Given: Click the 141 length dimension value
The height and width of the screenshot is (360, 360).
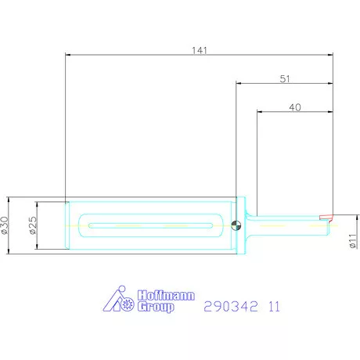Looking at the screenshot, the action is tap(200, 50).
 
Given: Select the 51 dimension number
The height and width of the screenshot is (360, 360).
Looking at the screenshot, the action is tap(285, 79).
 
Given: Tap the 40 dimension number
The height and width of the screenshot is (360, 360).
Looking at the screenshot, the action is tap(295, 107).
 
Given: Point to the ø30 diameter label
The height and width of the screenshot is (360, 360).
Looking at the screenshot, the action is tap(5, 225).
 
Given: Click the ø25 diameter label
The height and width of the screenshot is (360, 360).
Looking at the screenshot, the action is tap(33, 225).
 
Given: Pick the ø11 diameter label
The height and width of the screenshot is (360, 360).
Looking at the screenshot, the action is tap(352, 241).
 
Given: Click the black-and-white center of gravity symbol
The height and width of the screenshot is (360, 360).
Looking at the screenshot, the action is tap(236, 225).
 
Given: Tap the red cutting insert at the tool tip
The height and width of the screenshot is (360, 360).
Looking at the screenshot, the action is tap(326, 218).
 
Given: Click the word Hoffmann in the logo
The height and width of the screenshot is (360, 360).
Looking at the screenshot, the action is tap(166, 295).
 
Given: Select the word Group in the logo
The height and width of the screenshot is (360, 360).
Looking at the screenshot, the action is tap(156, 307).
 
